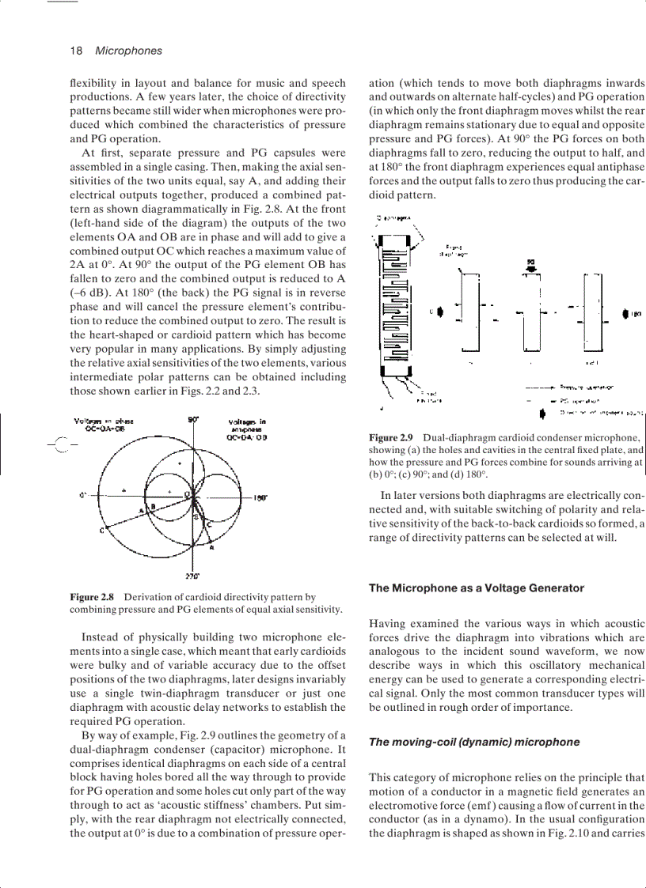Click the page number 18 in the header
77,51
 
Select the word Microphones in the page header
128,51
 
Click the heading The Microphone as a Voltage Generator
476,588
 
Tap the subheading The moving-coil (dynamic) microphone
474,742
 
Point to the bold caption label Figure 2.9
392,437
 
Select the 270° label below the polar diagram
192,576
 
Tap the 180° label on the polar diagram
259,498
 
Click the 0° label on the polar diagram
82,496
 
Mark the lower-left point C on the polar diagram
102,530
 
